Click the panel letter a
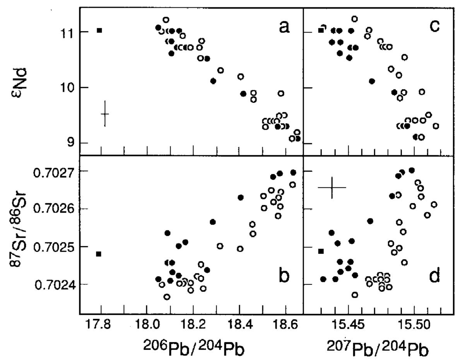click(x=284, y=27)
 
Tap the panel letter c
click(x=434, y=26)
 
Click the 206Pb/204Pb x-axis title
click(x=194, y=348)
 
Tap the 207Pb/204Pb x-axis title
click(x=378, y=348)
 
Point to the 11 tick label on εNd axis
click(x=64, y=32)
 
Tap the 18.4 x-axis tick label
click(x=239, y=326)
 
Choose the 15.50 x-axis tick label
click(x=414, y=326)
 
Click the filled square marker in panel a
click(x=99, y=30)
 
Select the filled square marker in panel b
click(x=99, y=254)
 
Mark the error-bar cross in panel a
click(x=105, y=114)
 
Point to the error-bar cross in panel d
click(x=332, y=187)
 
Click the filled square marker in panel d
click(x=321, y=251)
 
